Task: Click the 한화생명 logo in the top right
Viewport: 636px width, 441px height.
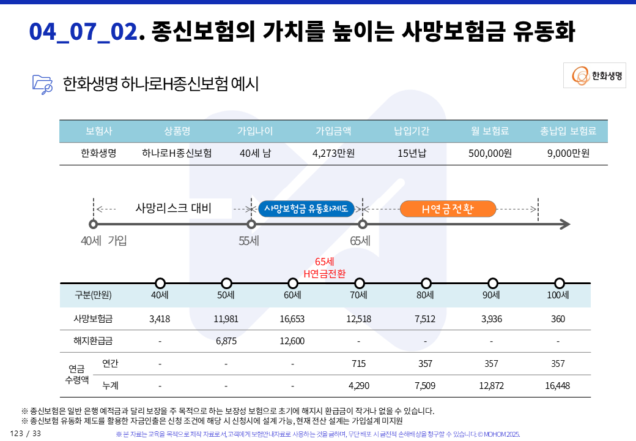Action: click(594, 75)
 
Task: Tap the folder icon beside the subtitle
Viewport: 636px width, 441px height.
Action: click(43, 83)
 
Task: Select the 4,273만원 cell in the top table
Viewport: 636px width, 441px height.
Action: click(333, 153)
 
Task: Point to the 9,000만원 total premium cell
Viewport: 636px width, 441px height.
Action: click(568, 153)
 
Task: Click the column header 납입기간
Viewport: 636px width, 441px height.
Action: click(412, 131)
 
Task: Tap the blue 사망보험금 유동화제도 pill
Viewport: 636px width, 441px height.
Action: click(306, 209)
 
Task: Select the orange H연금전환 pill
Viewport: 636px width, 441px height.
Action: click(448, 209)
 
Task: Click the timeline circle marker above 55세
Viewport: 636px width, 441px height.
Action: click(251, 225)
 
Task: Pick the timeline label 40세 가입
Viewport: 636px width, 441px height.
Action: click(104, 241)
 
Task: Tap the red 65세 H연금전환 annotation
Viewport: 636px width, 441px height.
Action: click(324, 268)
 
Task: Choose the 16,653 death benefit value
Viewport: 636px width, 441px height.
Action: click(292, 318)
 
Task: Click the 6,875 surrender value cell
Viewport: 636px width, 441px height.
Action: click(226, 341)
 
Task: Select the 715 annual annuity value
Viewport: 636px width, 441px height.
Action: click(359, 363)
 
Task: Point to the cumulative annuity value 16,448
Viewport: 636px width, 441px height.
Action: click(558, 386)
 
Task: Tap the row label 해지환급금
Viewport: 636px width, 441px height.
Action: click(93, 341)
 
